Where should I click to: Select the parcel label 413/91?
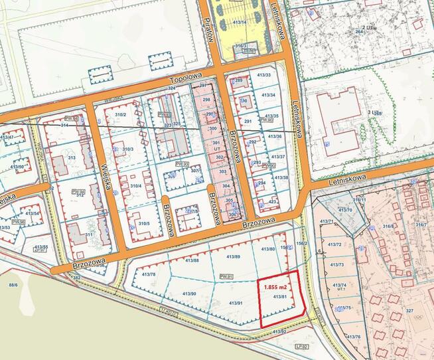pyautogui.click(x=237, y=303)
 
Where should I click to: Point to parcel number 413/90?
pyautogui.click(x=188, y=294)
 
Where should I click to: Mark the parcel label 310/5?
pyautogui.click(x=144, y=223)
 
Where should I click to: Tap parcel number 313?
pyautogui.click(x=72, y=157)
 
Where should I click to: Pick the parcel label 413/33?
pyautogui.click(x=265, y=75)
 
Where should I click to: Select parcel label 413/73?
pyautogui.click(x=338, y=264)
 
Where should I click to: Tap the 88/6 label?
pyautogui.click(x=12, y=285)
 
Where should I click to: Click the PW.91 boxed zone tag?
pyautogui.click(x=226, y=276)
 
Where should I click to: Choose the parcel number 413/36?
pyautogui.click(x=274, y=136)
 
